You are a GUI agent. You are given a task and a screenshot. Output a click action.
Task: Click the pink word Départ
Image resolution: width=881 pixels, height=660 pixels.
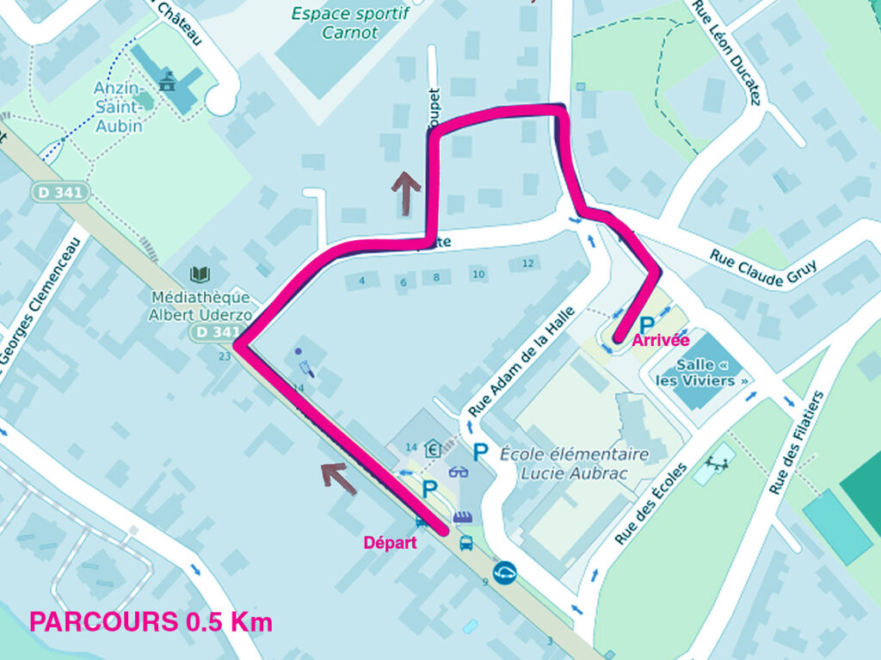390,542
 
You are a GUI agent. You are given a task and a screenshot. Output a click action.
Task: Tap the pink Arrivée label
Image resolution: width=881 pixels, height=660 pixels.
661,341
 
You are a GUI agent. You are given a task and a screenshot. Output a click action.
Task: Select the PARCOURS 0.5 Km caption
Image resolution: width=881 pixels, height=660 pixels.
151,622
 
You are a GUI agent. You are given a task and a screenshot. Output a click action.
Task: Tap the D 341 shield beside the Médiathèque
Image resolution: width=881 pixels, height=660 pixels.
213,332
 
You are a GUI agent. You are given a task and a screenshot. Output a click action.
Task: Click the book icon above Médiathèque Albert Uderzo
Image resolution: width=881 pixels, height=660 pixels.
200,274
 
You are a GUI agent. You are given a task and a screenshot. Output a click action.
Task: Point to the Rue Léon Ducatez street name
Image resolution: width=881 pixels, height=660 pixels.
727,52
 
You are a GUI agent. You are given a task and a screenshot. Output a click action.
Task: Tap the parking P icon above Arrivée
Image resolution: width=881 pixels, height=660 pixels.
645,322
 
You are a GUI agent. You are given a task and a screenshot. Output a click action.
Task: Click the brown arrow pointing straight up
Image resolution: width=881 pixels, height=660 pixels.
406,182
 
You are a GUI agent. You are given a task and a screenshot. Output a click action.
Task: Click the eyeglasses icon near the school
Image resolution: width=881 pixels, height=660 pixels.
458,472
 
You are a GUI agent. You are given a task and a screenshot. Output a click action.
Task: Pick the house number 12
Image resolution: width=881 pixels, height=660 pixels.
527,263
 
